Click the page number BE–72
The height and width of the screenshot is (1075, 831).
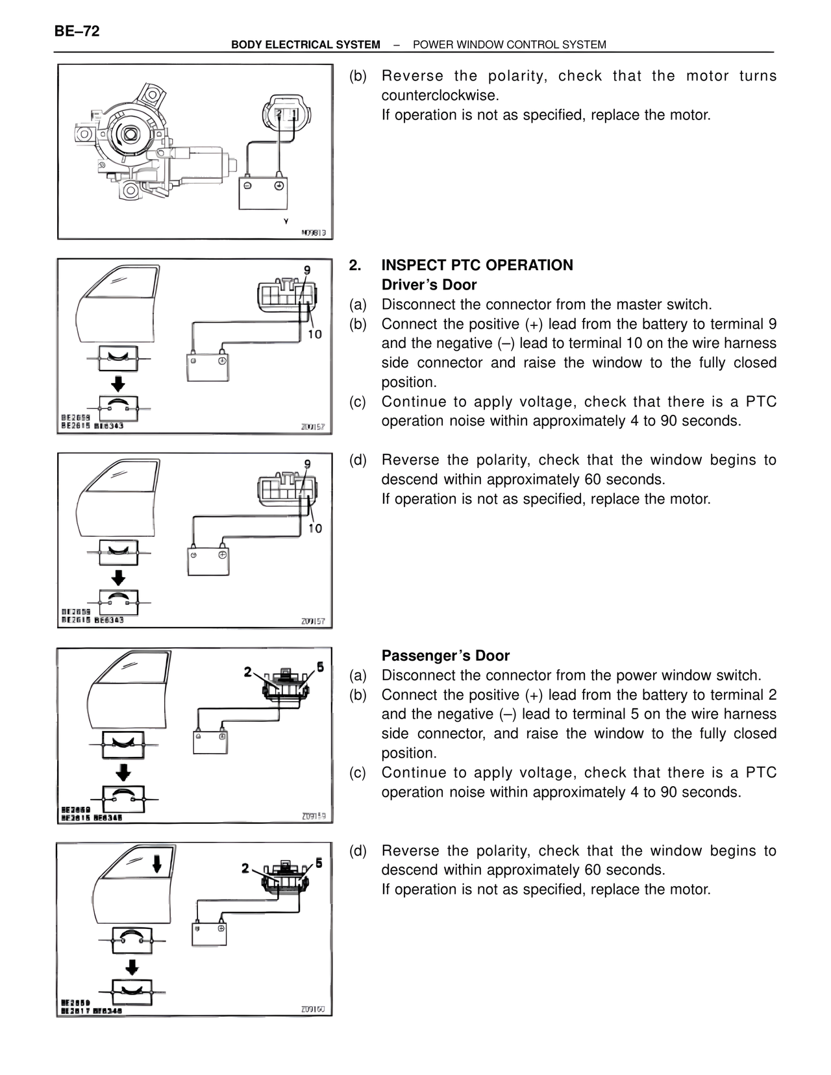[x=77, y=31]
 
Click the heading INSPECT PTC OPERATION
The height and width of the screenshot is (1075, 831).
[x=477, y=265]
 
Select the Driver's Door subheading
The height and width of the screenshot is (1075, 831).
[x=428, y=284]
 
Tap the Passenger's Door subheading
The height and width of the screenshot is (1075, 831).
[x=445, y=656]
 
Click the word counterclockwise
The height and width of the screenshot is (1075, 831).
[x=440, y=95]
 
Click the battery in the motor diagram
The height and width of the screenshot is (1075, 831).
[x=263, y=192]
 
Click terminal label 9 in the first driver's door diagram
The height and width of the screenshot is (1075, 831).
[x=307, y=270]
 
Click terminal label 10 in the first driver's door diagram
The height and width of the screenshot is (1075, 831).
[x=314, y=334]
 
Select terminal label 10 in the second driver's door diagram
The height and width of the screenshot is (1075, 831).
[x=315, y=528]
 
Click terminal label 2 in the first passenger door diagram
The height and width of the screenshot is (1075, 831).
[x=247, y=672]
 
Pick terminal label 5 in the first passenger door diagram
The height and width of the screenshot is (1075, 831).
[x=320, y=667]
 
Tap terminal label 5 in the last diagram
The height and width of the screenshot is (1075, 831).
[x=319, y=863]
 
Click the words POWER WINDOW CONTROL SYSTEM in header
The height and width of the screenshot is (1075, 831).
[x=509, y=45]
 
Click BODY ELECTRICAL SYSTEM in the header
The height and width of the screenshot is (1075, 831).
[x=306, y=45]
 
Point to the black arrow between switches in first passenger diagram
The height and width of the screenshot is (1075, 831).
[x=123, y=772]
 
